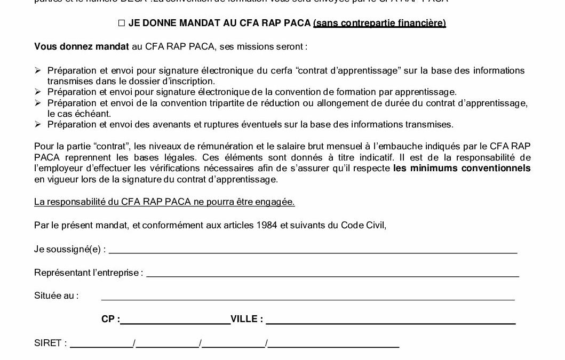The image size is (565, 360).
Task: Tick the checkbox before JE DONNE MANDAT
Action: point(121,23)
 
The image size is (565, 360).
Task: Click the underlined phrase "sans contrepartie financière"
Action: point(379,23)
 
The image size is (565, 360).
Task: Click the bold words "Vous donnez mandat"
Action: point(82,46)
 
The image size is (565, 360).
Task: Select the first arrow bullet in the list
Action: point(37,70)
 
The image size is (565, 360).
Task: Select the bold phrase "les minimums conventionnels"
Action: point(462,168)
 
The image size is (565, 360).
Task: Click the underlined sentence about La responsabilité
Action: point(164,202)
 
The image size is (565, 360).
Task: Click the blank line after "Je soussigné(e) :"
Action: point(313,250)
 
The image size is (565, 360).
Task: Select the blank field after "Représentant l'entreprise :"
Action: point(332,273)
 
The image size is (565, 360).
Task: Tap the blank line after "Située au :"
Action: point(308,296)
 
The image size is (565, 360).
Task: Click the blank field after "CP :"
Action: point(175,320)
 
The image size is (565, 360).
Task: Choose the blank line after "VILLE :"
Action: point(391,320)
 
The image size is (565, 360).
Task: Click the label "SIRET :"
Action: point(50,343)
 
